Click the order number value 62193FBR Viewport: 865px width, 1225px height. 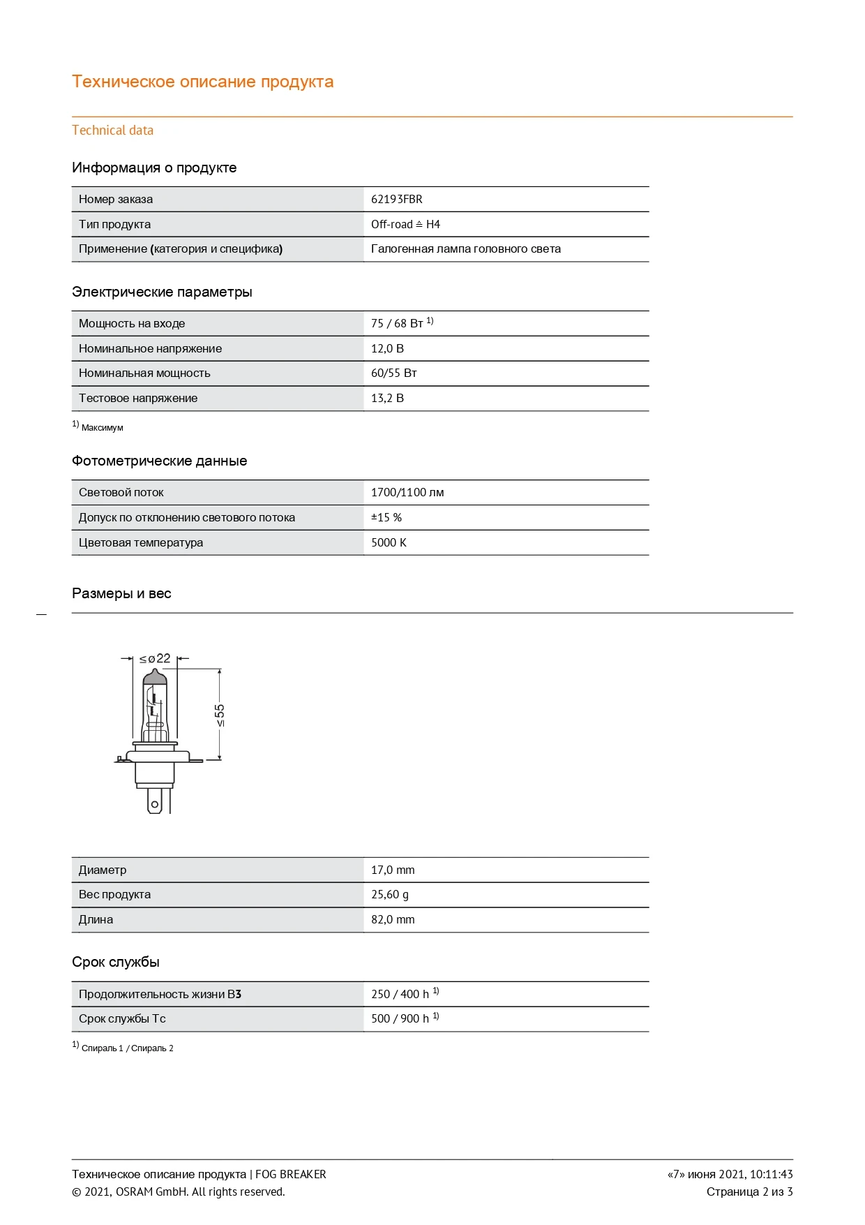[x=396, y=199]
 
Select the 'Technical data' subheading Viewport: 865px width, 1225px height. [x=112, y=131]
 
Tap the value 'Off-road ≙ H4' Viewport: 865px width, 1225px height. [x=405, y=224]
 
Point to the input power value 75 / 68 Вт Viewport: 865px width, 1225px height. [x=397, y=323]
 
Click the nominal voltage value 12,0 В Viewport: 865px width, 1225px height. [x=387, y=348]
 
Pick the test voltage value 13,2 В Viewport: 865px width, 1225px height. [x=387, y=398]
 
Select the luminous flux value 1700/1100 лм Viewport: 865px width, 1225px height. [x=407, y=492]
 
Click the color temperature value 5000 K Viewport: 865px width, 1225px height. [x=389, y=542]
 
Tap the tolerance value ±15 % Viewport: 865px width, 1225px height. [x=386, y=517]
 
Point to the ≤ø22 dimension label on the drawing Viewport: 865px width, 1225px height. [x=155, y=658]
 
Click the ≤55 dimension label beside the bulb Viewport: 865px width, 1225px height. [x=220, y=715]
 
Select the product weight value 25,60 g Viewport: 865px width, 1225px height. [x=390, y=894]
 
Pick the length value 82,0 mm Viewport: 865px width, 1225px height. [x=393, y=919]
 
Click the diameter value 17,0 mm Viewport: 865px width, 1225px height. [x=393, y=870]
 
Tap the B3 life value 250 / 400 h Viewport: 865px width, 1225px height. [x=400, y=994]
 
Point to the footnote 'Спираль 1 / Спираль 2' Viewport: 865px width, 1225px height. [x=127, y=1048]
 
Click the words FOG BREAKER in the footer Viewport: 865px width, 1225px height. [x=291, y=1174]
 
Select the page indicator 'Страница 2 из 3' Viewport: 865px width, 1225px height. [x=749, y=1191]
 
